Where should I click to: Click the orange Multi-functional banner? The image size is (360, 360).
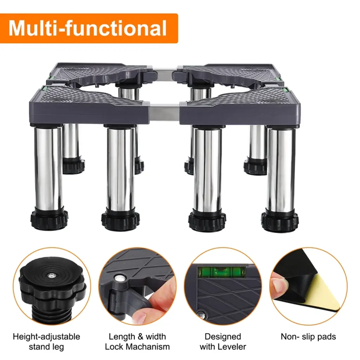pos(89,28)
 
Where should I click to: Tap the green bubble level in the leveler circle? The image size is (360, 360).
pos(221,272)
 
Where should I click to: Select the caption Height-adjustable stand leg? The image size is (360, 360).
pos(46,342)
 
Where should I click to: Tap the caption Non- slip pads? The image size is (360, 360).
pos(308,337)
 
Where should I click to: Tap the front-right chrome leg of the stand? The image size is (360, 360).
pos(281,169)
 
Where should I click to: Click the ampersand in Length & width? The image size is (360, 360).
pos(137,337)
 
